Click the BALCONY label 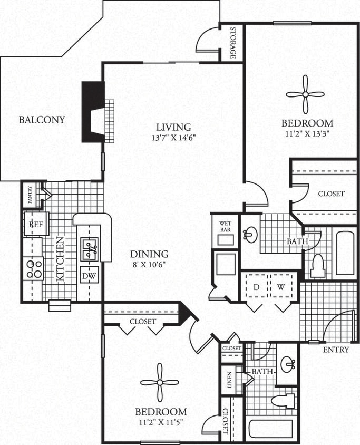(42, 120)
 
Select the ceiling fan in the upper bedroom (305, 94)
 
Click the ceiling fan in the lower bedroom (160, 383)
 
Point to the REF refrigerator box (36, 224)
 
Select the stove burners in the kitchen (33, 268)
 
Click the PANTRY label (30, 194)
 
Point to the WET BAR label (226, 225)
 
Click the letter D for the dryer (256, 287)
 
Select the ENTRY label (335, 350)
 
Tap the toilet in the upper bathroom (318, 266)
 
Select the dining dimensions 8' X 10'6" (150, 264)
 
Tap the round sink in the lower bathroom (288, 363)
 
